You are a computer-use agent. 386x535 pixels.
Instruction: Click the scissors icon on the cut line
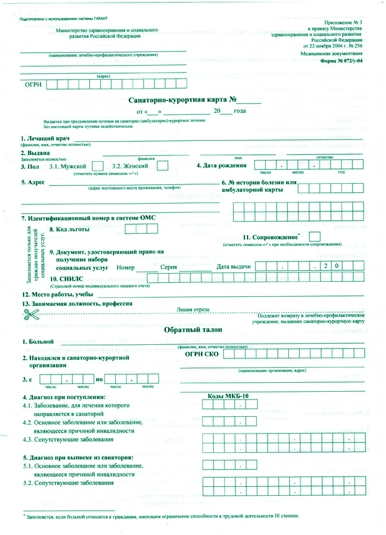tap(30, 314)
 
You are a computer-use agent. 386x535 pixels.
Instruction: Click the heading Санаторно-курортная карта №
tap(183, 100)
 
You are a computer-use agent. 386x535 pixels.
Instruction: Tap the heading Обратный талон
tap(192, 329)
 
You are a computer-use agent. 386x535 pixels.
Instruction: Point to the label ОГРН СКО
tap(203, 353)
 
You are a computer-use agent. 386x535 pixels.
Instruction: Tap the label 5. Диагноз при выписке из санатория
tap(77, 457)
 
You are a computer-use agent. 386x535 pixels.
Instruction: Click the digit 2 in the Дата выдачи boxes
tap(326, 265)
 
